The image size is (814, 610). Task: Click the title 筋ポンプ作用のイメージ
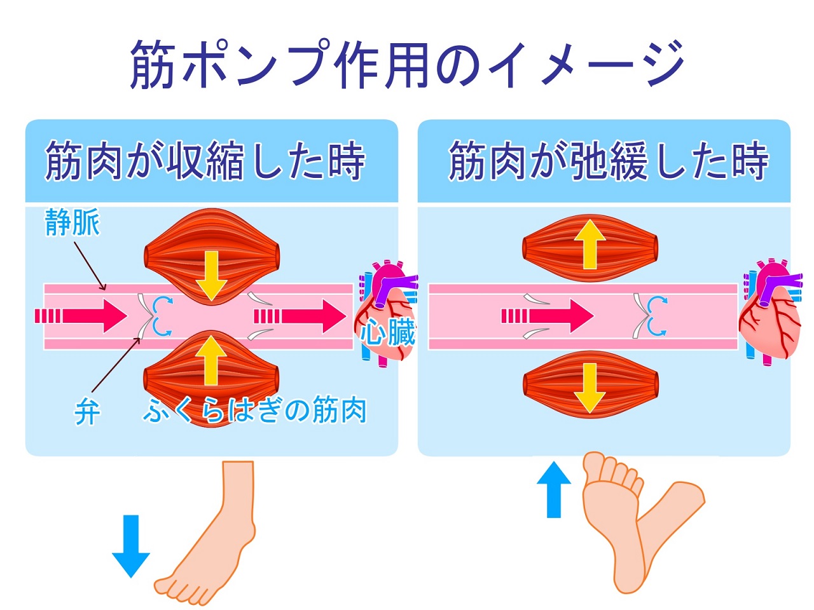[x=407, y=64]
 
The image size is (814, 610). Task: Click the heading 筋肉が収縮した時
[x=205, y=161]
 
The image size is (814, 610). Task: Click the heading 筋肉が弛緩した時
[x=609, y=161]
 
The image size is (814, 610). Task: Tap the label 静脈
[x=72, y=223]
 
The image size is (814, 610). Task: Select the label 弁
[x=86, y=413]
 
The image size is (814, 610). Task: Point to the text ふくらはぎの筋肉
[x=254, y=411]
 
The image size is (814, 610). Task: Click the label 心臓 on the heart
[x=389, y=332]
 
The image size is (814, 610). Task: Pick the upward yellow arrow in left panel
[x=211, y=360]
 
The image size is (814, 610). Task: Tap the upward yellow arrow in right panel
[x=590, y=244]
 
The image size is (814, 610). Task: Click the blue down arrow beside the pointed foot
[x=131, y=545]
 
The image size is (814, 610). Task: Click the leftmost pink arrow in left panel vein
[x=81, y=316]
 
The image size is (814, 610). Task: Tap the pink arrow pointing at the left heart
[x=300, y=316]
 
